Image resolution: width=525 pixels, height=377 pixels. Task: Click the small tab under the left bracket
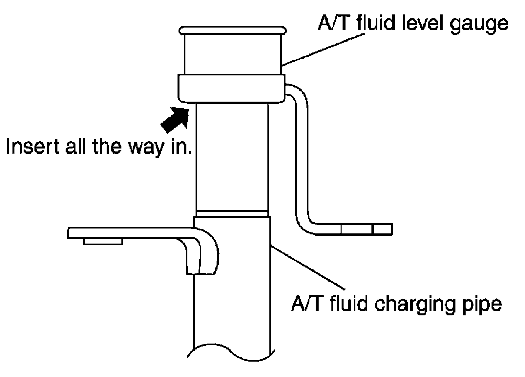(103, 241)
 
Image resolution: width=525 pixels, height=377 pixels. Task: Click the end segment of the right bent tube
(383, 229)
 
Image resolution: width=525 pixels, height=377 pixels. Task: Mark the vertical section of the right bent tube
(302, 157)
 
